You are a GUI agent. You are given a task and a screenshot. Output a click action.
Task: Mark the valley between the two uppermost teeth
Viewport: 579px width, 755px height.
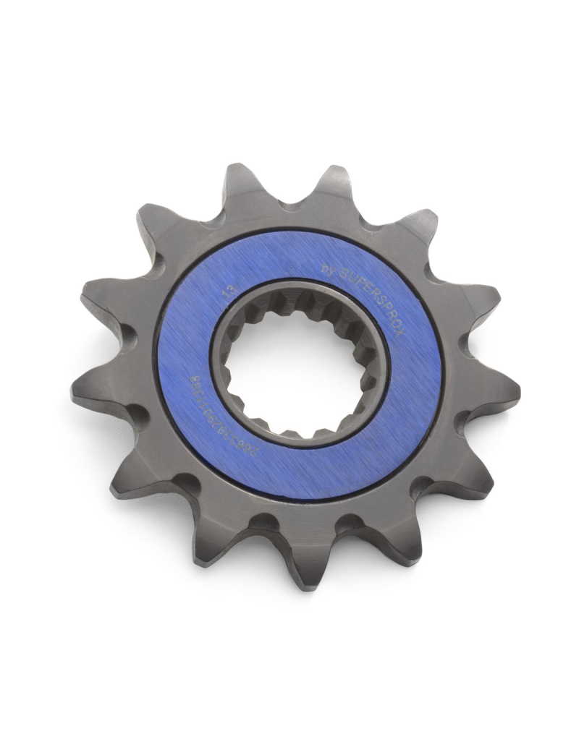tap(289, 205)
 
